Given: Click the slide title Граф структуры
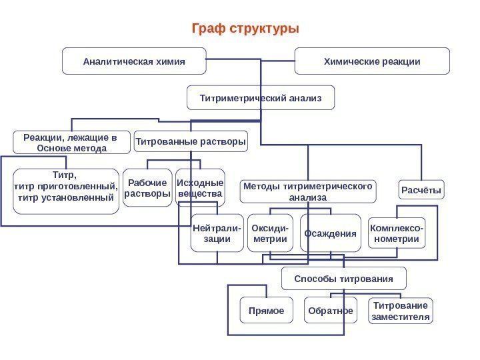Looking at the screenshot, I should click(245, 29).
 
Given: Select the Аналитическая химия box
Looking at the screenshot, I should click(134, 61).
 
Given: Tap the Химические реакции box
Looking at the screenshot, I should click(372, 61).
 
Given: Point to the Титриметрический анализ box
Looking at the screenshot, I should click(261, 98).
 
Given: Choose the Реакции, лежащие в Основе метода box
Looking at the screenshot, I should click(65, 142).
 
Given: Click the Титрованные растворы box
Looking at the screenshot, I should click(191, 141).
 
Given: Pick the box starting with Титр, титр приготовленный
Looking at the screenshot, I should click(65, 191).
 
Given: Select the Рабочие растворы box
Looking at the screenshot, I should click(147, 188).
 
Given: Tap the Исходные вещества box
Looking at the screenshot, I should click(200, 187).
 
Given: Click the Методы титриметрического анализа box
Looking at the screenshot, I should click(308, 191).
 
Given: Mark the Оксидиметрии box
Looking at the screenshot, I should click(271, 233).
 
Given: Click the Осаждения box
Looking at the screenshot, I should click(331, 233).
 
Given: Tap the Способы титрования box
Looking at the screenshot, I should click(344, 278).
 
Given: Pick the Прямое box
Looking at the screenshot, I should click(266, 311).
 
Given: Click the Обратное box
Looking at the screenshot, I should click(329, 311).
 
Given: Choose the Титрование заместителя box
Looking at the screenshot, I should click(400, 311).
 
